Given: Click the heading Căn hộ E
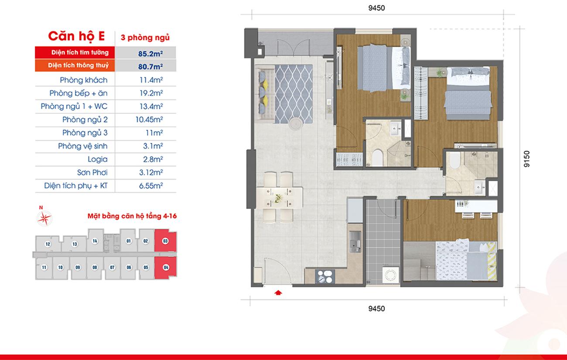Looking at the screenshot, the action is [76, 36].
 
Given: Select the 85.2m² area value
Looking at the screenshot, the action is [150, 54].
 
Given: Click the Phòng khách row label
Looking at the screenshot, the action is [84, 80].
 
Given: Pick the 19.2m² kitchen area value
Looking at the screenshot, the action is [151, 93].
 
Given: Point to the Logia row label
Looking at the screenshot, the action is [97, 159].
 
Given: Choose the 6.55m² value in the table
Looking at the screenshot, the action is [151, 186].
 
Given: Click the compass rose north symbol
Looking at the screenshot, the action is [44, 218].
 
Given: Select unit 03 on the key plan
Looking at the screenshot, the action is [165, 241].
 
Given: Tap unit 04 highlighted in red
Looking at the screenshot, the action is [166, 268].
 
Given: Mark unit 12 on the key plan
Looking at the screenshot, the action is [48, 244].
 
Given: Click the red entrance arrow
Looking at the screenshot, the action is [278, 293].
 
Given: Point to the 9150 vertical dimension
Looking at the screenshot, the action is [526, 159].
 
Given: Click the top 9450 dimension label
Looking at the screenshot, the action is [376, 8].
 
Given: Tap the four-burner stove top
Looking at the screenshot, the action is [325, 276].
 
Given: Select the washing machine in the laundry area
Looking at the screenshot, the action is [390, 275].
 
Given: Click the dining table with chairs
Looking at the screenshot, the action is [279, 197].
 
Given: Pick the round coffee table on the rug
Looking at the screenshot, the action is [296, 124].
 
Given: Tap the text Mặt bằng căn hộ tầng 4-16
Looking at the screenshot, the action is [132, 216].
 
